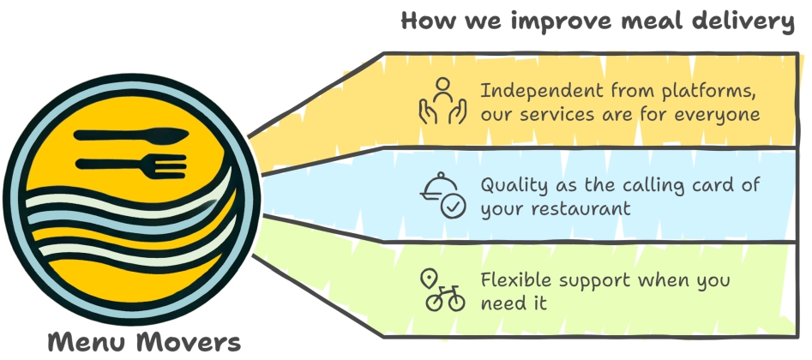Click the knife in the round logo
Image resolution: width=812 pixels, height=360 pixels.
pos(131,135)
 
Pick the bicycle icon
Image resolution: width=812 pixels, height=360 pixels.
pos(445,299)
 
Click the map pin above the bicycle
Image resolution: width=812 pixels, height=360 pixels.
pos(428,279)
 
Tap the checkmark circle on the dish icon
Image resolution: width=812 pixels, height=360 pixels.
pos(453,207)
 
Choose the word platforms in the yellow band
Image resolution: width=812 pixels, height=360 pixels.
pos(709,90)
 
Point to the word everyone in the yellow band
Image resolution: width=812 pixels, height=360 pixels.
pos(718,114)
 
